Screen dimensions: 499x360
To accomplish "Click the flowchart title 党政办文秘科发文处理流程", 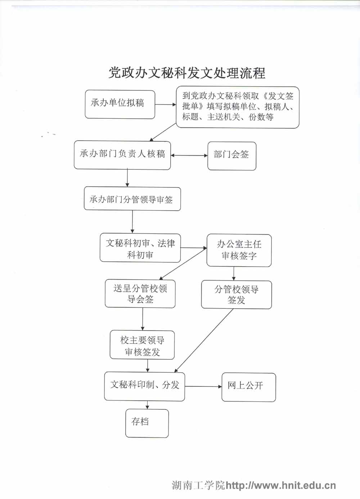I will (x=187, y=73).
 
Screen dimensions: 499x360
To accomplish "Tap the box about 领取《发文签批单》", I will (x=238, y=107).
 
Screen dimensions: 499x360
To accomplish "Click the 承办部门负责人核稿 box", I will (x=122, y=155).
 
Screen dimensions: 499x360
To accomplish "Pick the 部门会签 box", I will (x=231, y=155).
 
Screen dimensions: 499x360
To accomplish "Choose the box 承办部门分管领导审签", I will (x=132, y=199).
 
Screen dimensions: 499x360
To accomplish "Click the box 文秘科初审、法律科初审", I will (x=140, y=248).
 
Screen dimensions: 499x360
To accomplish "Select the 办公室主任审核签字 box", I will (x=239, y=250).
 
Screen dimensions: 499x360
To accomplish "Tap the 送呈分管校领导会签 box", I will (x=140, y=294).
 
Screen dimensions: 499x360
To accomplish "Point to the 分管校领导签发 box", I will (x=236, y=295).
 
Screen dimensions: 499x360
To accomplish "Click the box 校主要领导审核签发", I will (x=142, y=345).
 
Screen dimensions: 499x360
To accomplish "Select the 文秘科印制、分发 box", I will (x=144, y=386).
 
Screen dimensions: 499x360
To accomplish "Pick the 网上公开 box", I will (x=248, y=387).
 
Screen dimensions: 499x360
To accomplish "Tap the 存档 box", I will (x=147, y=423).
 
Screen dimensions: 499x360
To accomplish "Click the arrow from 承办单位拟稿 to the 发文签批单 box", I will (x=166, y=105).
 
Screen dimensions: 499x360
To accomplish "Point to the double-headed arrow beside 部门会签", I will (x=189, y=155).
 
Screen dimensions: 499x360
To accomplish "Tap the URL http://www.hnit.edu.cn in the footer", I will (x=280, y=485).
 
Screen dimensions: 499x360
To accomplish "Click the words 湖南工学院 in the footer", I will (x=198, y=485).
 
